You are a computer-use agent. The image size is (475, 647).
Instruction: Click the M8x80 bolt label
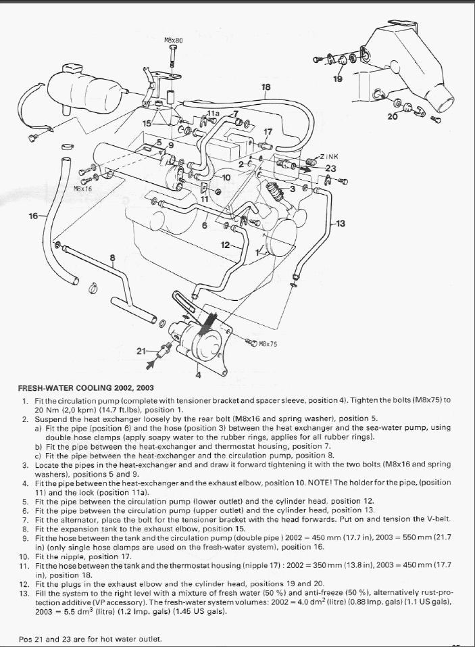point(174,41)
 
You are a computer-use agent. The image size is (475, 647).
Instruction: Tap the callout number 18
point(266,87)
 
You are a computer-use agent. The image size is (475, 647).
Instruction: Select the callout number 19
point(338,79)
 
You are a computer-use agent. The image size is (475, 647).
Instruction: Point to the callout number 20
point(393,116)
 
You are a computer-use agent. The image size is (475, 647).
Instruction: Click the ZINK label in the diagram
point(330,157)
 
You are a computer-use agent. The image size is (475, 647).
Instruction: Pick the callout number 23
point(330,168)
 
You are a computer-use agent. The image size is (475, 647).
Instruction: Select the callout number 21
point(141,350)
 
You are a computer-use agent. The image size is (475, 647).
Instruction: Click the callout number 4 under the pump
point(198,374)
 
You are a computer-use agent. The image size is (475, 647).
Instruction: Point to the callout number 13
point(340,223)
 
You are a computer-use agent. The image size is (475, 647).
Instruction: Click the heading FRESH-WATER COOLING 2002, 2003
point(86,388)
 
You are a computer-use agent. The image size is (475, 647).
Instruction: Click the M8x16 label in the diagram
point(83,189)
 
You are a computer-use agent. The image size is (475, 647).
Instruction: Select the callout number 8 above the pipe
point(112,258)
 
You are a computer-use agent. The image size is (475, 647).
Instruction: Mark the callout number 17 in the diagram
point(268,132)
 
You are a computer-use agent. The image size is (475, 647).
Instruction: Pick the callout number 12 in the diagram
point(225,245)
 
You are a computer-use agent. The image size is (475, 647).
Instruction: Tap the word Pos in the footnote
point(26,639)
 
